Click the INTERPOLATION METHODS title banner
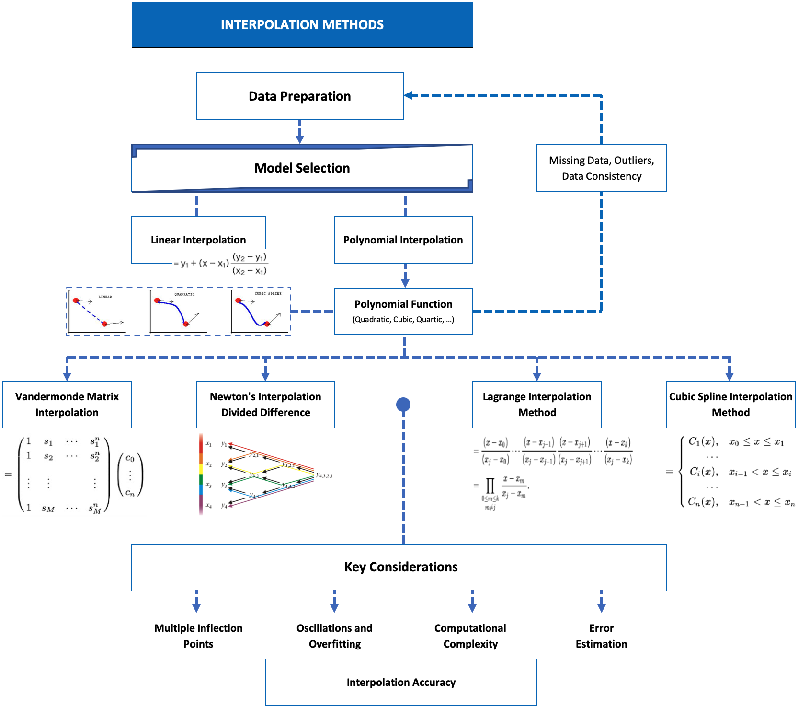click(x=302, y=25)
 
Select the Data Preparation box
click(x=299, y=96)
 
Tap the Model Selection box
click(x=302, y=168)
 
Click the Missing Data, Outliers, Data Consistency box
click(x=601, y=168)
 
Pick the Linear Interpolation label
click(x=198, y=240)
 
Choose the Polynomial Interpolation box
click(x=403, y=240)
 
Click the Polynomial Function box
click(x=403, y=311)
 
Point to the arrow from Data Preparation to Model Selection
click(x=300, y=132)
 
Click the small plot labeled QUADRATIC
click(x=178, y=312)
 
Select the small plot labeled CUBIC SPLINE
click(x=260, y=312)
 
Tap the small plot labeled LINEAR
click(x=97, y=312)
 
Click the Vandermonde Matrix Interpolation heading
click(x=67, y=404)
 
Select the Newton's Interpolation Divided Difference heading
click(x=265, y=404)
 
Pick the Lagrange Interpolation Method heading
click(x=537, y=404)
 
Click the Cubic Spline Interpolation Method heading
click(x=730, y=404)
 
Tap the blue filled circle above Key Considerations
click(x=403, y=405)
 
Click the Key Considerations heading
click(x=401, y=567)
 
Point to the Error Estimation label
click(x=601, y=636)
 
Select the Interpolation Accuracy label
click(x=401, y=682)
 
